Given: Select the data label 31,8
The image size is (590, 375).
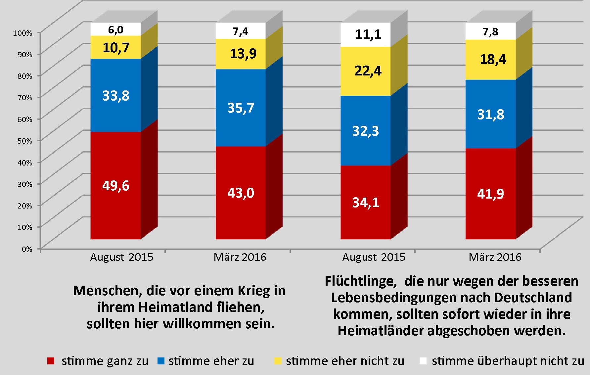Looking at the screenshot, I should (x=491, y=115).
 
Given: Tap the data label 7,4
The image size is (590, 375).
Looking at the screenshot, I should (x=241, y=31).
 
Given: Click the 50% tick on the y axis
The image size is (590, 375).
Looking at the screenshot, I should (x=25, y=141).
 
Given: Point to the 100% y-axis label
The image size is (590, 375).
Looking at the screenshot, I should (x=23, y=33).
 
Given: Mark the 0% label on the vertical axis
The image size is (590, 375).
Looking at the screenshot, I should (x=27, y=249).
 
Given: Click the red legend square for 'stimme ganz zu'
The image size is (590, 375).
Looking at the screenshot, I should (x=51, y=361).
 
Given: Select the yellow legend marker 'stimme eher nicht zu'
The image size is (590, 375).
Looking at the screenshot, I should (x=278, y=361).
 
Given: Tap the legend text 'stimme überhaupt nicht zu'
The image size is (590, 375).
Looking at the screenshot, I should (x=508, y=361).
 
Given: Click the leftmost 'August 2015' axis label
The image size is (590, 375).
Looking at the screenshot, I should (x=122, y=257).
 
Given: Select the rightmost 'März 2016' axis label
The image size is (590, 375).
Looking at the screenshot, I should (x=495, y=257).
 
